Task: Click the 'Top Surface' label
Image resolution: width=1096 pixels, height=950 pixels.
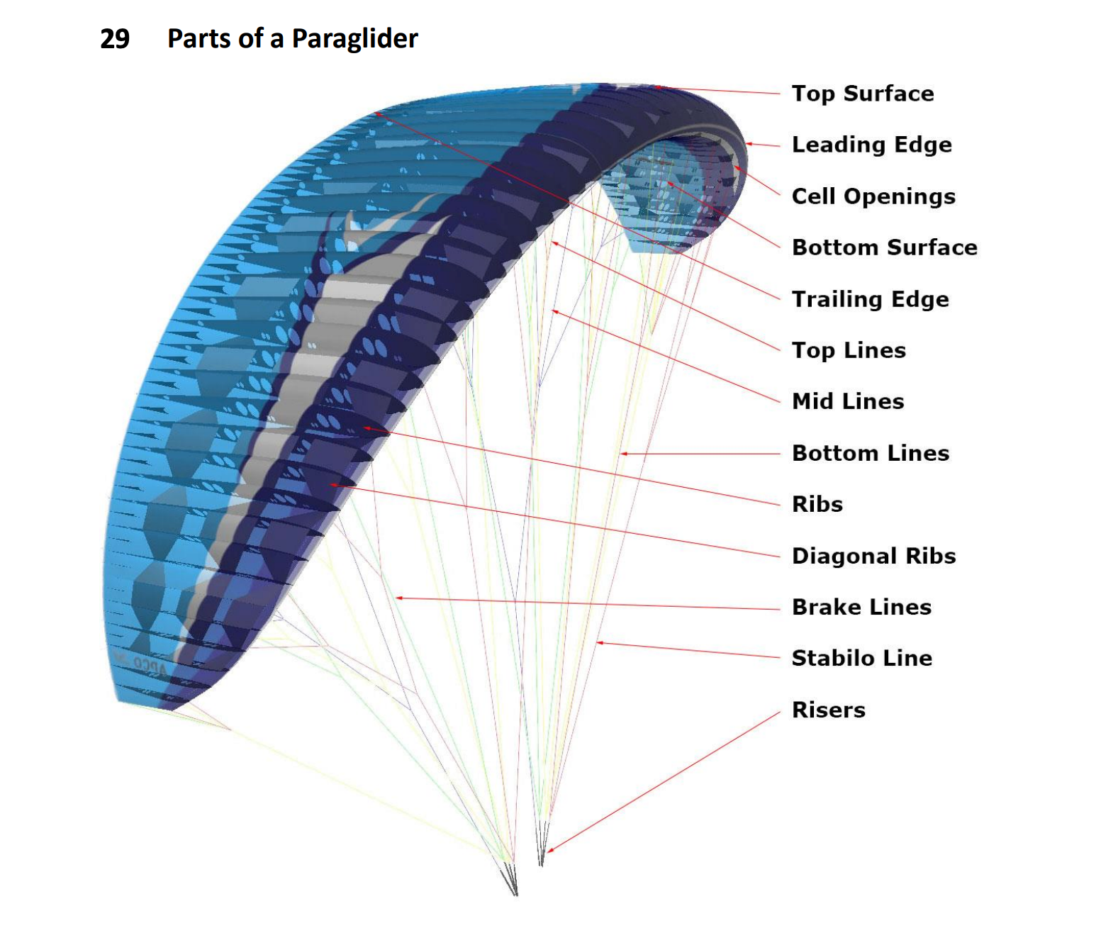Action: click(x=862, y=94)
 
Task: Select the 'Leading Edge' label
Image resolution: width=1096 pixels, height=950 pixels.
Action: click(x=871, y=145)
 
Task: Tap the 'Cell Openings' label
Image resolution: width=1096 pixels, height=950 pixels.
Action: click(x=873, y=196)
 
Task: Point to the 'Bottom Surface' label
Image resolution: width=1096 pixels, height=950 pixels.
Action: click(x=884, y=247)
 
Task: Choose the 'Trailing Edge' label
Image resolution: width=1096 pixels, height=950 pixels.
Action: click(x=870, y=299)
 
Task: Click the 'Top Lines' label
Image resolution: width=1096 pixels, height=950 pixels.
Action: click(x=849, y=350)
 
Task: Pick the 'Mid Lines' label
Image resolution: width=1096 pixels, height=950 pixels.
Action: click(x=848, y=401)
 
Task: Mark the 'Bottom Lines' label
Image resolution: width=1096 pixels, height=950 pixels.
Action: click(x=871, y=453)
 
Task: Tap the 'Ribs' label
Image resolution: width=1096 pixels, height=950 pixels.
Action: click(x=817, y=504)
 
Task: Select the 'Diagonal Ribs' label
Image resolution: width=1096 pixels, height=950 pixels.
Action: click(x=873, y=556)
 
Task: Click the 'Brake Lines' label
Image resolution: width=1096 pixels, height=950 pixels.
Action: click(x=861, y=607)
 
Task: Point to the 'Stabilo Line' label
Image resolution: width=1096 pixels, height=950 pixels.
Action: click(x=861, y=658)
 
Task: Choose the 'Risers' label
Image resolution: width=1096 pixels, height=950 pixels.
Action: click(x=828, y=710)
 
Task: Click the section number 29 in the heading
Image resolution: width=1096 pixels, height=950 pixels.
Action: click(x=115, y=38)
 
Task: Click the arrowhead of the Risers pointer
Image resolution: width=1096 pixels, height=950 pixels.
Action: click(x=549, y=850)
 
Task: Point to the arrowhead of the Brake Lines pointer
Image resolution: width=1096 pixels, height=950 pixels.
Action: click(x=398, y=598)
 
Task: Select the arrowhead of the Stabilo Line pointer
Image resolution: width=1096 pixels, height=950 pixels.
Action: click(x=599, y=643)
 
